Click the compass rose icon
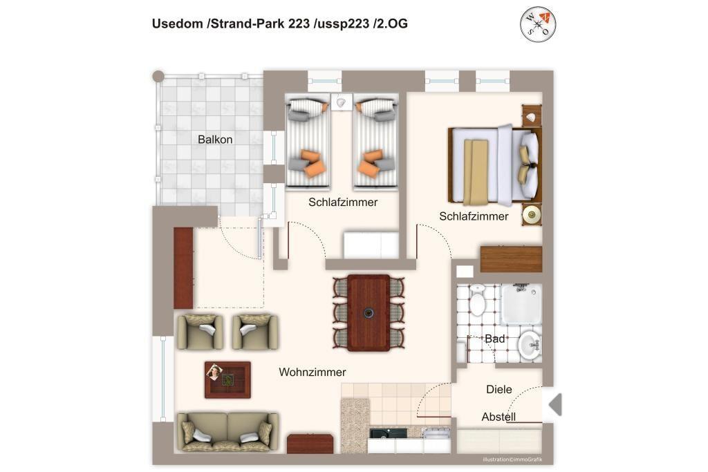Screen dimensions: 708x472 tap(538, 24)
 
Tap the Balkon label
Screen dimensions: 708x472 tap(215, 140)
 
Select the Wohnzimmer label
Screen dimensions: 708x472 tap(313, 372)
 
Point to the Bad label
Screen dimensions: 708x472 tap(495, 339)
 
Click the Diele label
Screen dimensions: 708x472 tap(499, 390)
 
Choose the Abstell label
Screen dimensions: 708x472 tap(499, 417)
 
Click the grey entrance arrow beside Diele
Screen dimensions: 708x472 tap(555, 404)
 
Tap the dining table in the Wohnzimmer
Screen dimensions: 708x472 tap(369, 313)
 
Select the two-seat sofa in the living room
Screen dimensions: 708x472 tap(228, 432)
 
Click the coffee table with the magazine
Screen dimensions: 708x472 tap(227, 380)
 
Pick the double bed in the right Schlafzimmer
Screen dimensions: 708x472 tap(495, 164)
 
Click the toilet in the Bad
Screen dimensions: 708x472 tap(477, 300)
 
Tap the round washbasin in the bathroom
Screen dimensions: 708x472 tap(530, 346)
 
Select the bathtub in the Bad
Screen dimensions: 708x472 tap(521, 304)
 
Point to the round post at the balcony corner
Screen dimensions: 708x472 tap(158, 76)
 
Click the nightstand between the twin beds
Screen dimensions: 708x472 tap(341, 102)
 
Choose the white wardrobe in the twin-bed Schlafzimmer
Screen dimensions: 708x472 tap(371, 245)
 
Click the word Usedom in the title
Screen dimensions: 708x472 tap(178, 23)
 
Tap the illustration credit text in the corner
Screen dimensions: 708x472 tap(512, 460)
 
